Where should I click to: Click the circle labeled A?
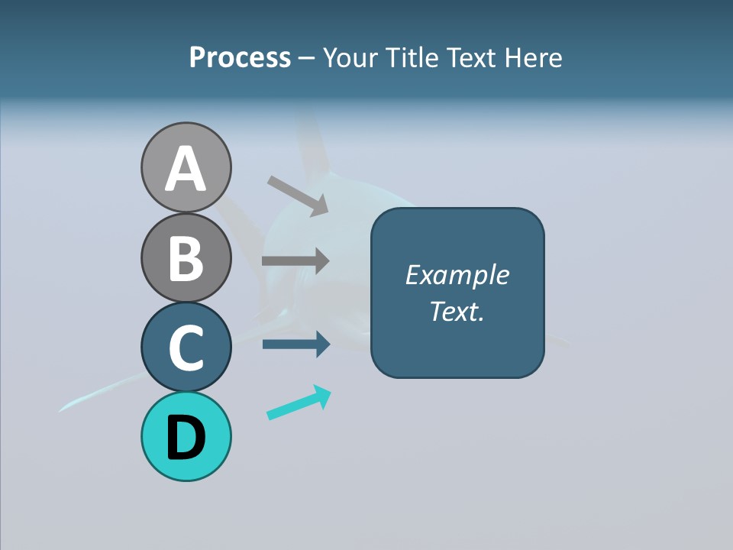186,167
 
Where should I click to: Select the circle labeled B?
186,257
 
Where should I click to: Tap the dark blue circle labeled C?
186,347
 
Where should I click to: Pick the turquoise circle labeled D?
186,436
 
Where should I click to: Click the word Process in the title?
240,58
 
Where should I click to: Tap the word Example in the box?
457,275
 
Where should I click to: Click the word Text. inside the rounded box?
457,311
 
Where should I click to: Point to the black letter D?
186,438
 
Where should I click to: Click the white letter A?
186,169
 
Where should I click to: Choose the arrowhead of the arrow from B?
321,260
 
